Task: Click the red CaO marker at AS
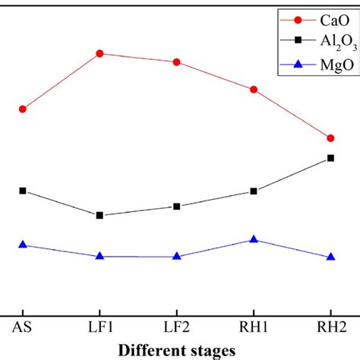point(23,109)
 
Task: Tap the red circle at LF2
point(177,62)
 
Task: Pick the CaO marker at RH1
point(254,90)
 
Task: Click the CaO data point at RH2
point(330,138)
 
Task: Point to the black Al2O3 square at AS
point(23,191)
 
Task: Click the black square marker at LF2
point(177,207)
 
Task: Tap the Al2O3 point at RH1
point(254,191)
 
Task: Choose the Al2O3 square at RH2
point(330,158)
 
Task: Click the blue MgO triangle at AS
point(23,245)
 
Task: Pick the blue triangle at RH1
point(254,239)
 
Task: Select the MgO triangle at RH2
point(330,257)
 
